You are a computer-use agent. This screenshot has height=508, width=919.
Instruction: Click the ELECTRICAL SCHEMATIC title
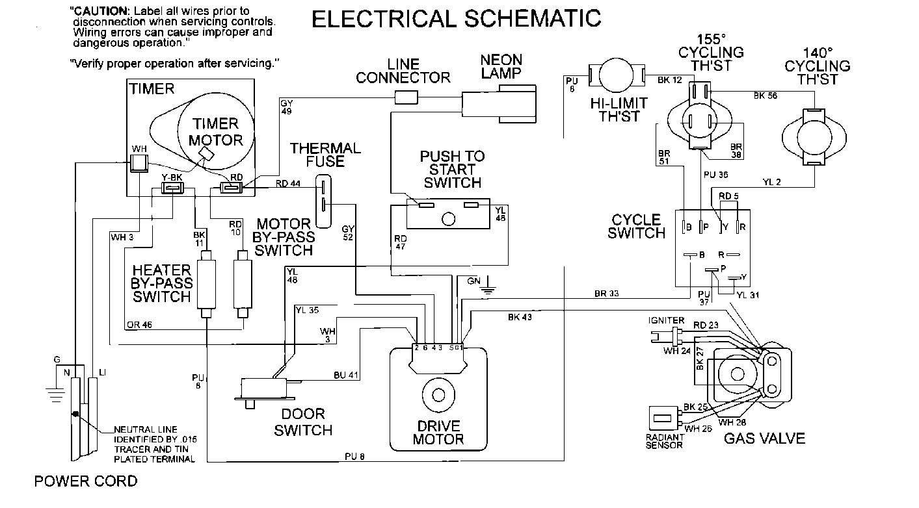coord(457,18)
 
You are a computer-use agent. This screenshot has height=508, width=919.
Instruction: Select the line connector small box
coord(406,97)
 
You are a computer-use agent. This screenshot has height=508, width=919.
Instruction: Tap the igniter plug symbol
coord(666,336)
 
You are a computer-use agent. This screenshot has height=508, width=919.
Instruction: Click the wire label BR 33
coord(606,294)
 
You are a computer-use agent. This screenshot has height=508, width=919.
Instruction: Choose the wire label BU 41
coord(347,375)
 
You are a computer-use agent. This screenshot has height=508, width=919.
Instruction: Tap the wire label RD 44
coord(287,184)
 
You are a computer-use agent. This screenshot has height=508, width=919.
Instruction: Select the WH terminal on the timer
coord(139,162)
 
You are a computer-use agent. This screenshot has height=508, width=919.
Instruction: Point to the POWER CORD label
coord(86,481)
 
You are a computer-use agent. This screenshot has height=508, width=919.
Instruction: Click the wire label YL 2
coord(771,183)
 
